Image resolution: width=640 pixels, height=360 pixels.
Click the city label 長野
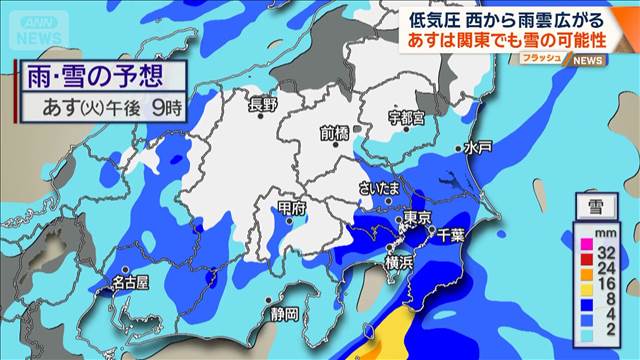[x=262, y=101]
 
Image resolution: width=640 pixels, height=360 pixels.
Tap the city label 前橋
[x=335, y=132]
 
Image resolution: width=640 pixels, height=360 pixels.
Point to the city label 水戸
[x=479, y=147]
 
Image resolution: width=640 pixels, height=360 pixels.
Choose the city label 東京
[x=417, y=219]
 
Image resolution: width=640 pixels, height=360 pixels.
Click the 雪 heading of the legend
[x=595, y=208]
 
